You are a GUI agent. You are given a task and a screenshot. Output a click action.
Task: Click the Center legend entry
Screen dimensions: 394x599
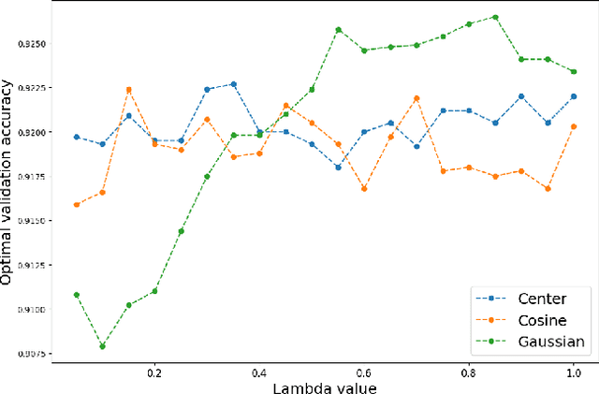click(x=541, y=299)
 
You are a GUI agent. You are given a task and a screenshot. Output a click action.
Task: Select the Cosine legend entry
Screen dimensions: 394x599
click(x=541, y=320)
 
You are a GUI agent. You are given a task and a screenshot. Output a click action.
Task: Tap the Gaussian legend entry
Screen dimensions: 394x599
click(x=550, y=342)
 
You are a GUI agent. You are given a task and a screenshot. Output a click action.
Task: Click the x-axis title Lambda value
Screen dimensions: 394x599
click(x=325, y=385)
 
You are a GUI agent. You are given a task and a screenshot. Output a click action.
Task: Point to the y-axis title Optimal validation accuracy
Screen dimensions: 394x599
click(x=8, y=182)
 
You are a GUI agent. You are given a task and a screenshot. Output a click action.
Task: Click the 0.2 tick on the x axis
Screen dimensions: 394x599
click(x=154, y=371)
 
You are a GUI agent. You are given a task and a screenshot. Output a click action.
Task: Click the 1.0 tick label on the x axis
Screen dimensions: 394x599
click(x=574, y=371)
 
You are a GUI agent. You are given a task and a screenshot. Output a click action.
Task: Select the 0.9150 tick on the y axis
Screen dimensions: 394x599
click(x=33, y=221)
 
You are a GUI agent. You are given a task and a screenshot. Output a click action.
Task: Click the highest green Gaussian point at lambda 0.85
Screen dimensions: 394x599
click(x=495, y=17)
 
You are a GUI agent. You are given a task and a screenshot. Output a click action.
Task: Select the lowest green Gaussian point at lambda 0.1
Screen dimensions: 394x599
click(x=102, y=346)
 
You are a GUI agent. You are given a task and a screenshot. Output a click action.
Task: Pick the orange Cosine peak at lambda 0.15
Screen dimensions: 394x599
click(x=128, y=90)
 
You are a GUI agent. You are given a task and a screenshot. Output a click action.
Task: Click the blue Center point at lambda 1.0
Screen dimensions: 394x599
click(x=574, y=96)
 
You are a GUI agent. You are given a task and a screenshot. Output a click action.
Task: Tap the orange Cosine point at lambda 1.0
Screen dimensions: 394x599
click(x=574, y=126)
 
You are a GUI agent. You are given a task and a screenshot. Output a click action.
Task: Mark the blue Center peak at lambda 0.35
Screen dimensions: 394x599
click(x=233, y=84)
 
